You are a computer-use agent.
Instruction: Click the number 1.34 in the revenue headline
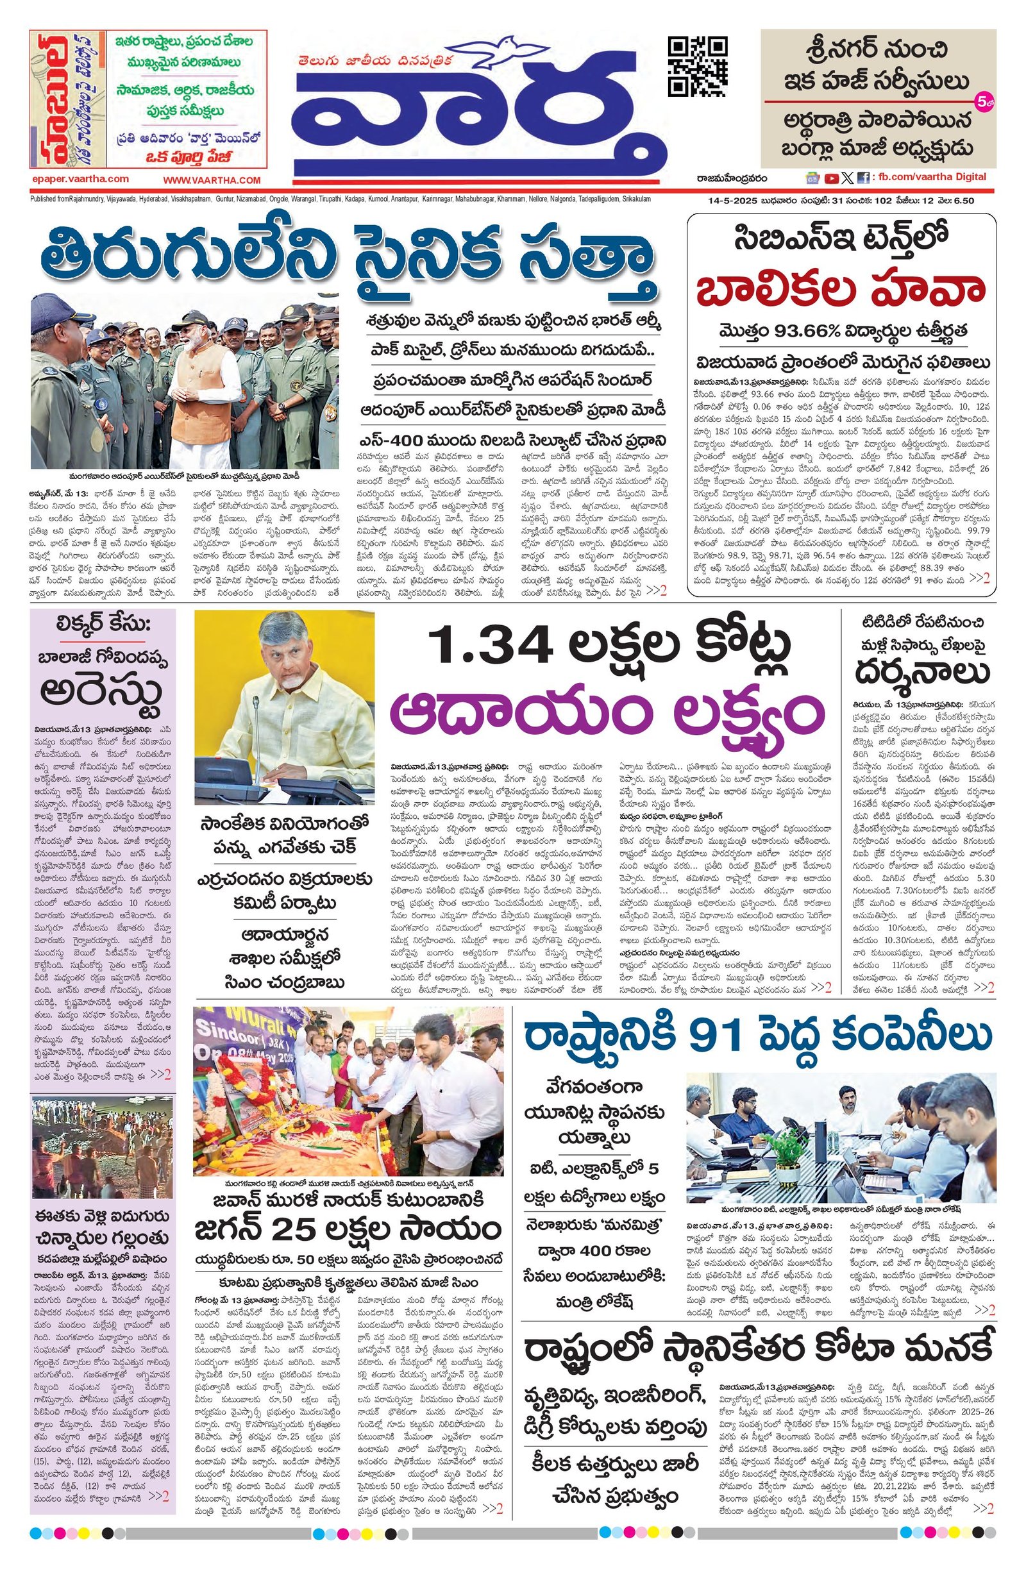pos(485,647)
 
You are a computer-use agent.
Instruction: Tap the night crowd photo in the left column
pos(103,1147)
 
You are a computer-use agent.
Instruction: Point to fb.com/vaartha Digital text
pos(938,177)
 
